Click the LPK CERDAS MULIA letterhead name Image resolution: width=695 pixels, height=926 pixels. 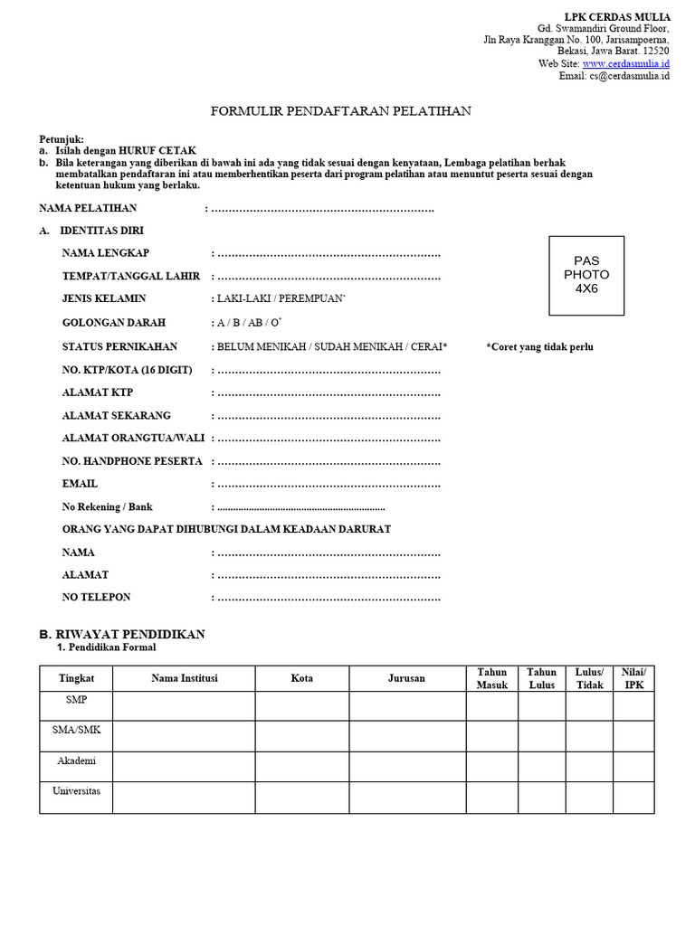click(x=617, y=17)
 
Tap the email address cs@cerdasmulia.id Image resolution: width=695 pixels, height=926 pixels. click(x=628, y=76)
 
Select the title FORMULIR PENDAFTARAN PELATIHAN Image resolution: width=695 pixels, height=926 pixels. click(x=340, y=112)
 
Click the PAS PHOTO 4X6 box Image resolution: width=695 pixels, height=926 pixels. click(x=586, y=275)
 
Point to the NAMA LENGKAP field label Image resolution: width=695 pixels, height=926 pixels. click(x=106, y=252)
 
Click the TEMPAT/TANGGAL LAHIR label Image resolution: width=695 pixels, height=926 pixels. click(x=131, y=276)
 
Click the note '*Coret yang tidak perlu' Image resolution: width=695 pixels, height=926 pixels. click(x=539, y=347)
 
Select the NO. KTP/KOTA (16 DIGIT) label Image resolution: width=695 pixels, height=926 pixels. click(x=127, y=370)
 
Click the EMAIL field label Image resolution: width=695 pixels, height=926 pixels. click(x=80, y=484)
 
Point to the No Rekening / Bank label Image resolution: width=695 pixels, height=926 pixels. click(x=108, y=507)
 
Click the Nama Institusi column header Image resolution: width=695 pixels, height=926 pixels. click(x=184, y=678)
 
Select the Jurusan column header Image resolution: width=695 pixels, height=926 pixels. click(x=406, y=678)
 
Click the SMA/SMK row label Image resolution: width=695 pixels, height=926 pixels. click(x=76, y=730)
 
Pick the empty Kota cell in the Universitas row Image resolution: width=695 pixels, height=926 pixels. click(x=302, y=798)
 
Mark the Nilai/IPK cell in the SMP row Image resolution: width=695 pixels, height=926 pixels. click(x=634, y=705)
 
